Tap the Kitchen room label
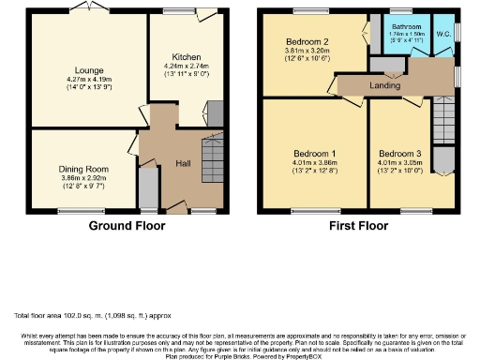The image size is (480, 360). click(187, 56)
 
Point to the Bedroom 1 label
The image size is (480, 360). click(315, 153)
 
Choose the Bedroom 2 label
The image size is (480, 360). click(307, 41)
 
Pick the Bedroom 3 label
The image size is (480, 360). click(399, 153)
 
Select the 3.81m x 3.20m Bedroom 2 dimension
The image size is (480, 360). click(307, 52)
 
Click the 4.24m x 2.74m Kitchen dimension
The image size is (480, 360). click(187, 66)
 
